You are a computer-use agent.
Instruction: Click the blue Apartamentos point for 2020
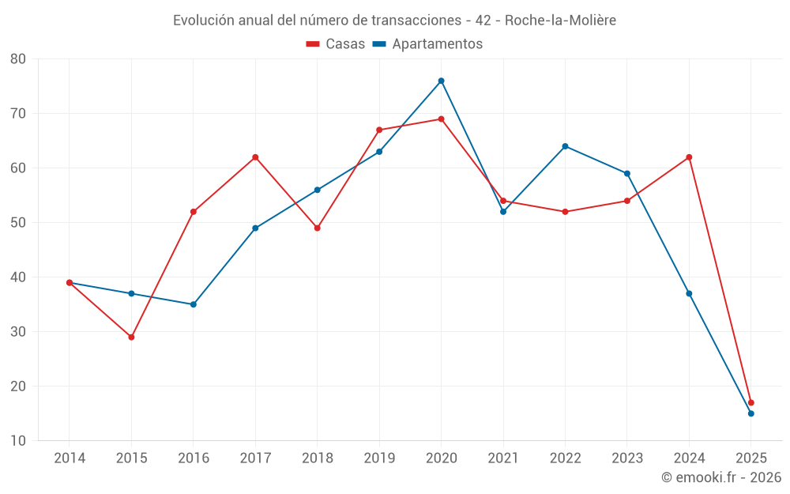coord(441,81)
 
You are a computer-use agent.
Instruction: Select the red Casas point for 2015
coord(131,337)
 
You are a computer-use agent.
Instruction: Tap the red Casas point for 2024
coord(689,157)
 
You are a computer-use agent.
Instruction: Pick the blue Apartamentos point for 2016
coord(193,304)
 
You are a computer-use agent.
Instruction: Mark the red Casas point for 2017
coord(255,157)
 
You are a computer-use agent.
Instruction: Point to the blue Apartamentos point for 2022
coord(565,146)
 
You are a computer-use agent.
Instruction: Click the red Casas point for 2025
coord(750,402)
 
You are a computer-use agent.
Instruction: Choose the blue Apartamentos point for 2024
coord(689,293)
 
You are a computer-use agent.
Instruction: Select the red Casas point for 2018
coord(317,228)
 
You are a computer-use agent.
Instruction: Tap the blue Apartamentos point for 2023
coord(627,173)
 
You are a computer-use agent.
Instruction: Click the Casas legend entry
coord(336,44)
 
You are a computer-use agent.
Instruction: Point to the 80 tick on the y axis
coord(18,58)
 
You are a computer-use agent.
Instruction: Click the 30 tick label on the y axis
coord(18,332)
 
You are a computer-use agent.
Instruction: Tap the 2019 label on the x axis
coord(379,458)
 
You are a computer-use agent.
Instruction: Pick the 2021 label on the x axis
coord(503,458)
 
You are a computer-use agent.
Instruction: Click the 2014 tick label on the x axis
coord(70,458)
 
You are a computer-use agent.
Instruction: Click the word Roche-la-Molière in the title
coord(560,20)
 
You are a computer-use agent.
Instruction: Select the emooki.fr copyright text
coord(721,477)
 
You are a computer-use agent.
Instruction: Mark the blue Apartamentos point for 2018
coord(317,190)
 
